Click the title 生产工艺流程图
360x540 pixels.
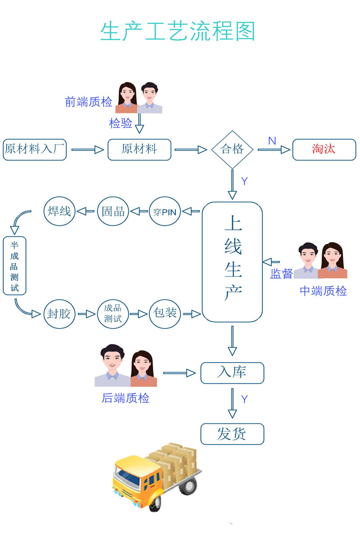coord(178,31)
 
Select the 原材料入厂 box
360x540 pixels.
coord(35,150)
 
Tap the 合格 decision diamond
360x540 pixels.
coord(232,149)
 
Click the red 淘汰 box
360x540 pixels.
coord(324,150)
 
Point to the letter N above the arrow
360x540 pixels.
coord(272,141)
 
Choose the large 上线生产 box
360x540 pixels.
coord(232,262)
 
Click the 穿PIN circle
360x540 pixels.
coord(165,211)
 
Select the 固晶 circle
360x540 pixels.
coord(113,211)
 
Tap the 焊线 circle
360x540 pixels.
coord(59,211)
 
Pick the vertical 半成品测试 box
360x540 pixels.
coord(14,265)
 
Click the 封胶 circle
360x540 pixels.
coord(59,314)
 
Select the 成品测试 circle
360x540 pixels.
coord(113,314)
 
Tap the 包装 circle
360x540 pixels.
coord(165,314)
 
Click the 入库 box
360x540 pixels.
coord(232,373)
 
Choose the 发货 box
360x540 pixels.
coord(232,434)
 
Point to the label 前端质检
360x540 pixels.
coord(89,102)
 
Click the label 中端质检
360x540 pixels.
coord(323,291)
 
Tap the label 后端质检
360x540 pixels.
coord(126,398)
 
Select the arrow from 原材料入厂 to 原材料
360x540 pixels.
coord(87,150)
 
